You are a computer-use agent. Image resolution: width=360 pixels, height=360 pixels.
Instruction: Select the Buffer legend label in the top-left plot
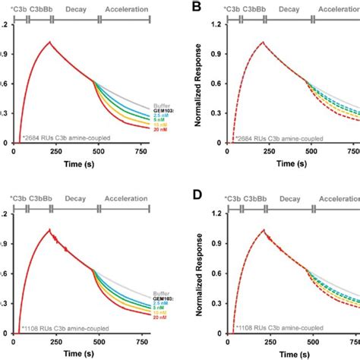click(x=154, y=101)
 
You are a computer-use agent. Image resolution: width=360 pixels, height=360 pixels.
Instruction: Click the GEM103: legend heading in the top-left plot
click(x=153, y=107)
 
